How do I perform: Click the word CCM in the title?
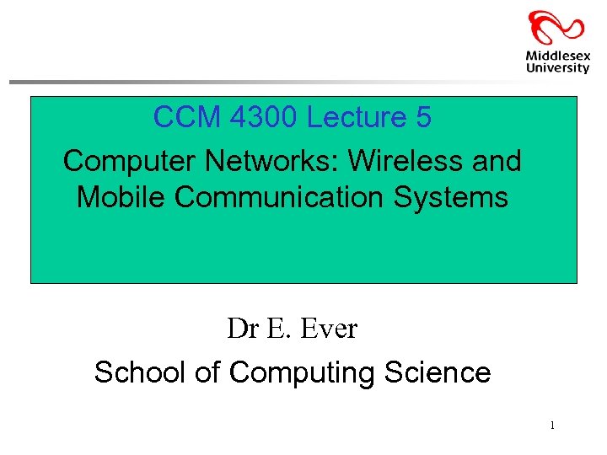[180, 118]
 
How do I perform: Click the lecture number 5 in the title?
[423, 118]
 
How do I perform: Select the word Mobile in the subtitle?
[117, 197]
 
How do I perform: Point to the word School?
[141, 372]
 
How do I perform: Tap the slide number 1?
[552, 426]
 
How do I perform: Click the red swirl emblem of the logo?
[556, 29]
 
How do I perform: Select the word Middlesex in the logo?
[557, 56]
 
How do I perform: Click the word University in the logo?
[557, 68]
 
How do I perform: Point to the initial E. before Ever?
[276, 329]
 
